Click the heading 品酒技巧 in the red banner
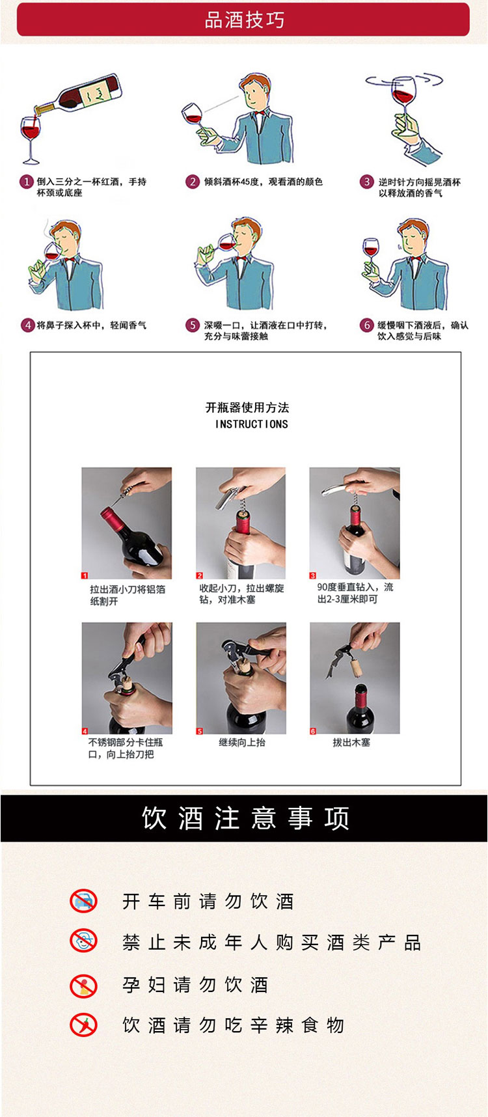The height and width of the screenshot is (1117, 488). click(x=245, y=20)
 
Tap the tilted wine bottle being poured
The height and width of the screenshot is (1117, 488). click(x=78, y=96)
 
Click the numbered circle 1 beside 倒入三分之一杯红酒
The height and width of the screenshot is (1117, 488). click(x=27, y=182)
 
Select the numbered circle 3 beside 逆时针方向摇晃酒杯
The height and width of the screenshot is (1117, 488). click(x=367, y=182)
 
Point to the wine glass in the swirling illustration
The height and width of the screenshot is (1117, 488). click(x=403, y=104)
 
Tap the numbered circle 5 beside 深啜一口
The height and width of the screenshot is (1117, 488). click(x=193, y=325)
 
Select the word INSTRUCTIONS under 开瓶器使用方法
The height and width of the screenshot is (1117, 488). click(x=252, y=424)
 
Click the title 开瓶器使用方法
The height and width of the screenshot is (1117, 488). click(x=247, y=407)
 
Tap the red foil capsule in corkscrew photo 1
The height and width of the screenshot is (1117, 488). click(x=115, y=520)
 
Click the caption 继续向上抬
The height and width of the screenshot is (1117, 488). click(x=242, y=742)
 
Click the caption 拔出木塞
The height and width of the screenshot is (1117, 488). click(x=351, y=742)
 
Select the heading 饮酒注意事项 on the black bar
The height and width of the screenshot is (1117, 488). click(x=246, y=818)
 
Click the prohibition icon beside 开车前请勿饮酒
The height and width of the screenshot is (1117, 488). click(x=83, y=901)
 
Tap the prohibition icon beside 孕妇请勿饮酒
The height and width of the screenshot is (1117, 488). click(x=83, y=986)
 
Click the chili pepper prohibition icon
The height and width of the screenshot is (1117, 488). click(x=83, y=1025)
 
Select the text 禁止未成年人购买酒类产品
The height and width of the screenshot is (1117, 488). click(x=272, y=942)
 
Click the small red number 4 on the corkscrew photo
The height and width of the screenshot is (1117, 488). click(x=85, y=731)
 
